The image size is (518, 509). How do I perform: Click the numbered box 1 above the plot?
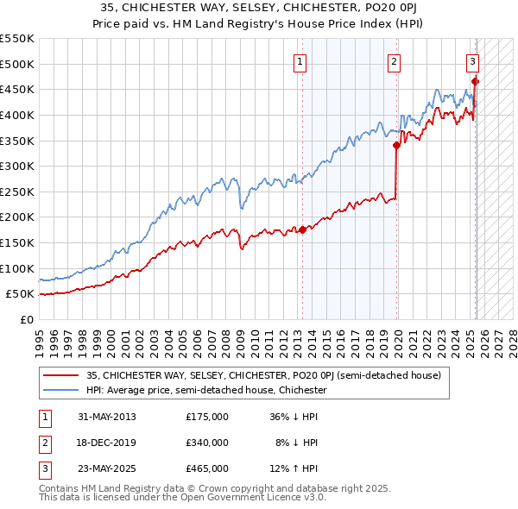(x=299, y=61)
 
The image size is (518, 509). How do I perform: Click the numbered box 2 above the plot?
(x=394, y=61)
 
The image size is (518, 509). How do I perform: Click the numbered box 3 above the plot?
(x=473, y=61)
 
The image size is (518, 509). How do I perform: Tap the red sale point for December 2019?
(x=396, y=146)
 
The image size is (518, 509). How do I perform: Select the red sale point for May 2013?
(x=302, y=229)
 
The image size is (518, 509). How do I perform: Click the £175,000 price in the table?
(x=207, y=417)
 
